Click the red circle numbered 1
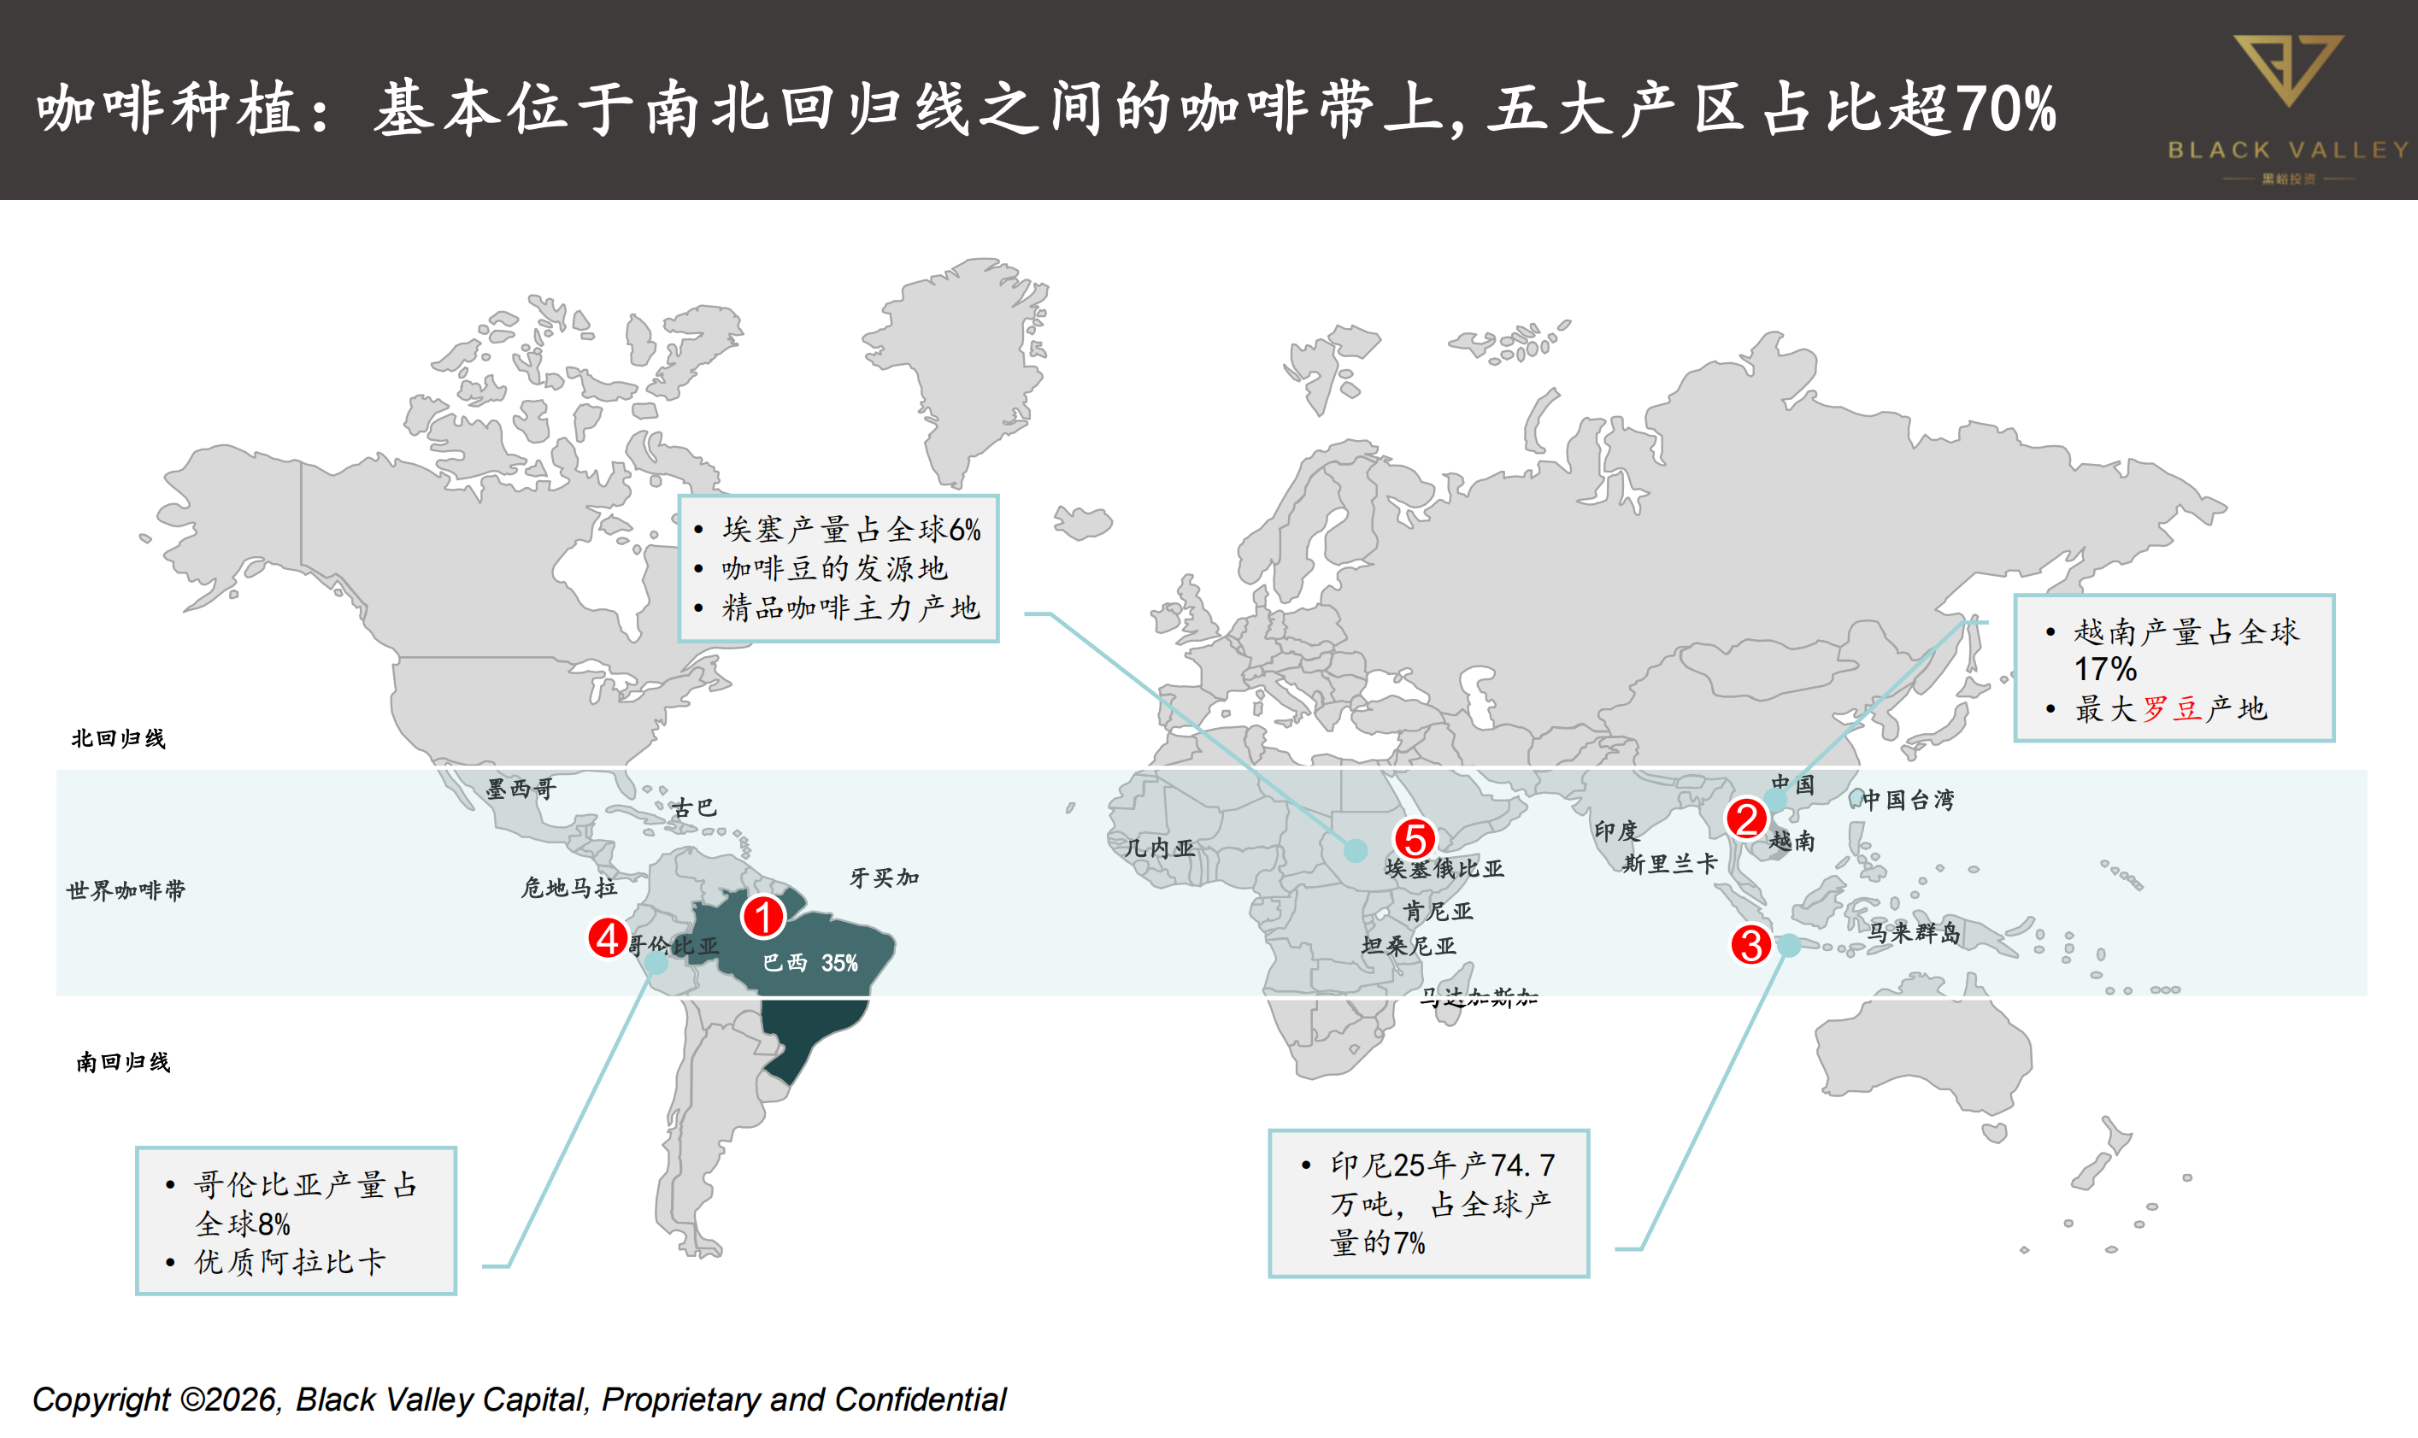point(762,917)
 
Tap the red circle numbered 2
point(1746,819)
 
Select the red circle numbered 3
point(1751,945)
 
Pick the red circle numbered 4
point(608,938)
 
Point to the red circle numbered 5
point(1414,838)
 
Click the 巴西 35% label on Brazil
point(810,962)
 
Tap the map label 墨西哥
point(521,789)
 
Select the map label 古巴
point(694,807)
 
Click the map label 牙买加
point(884,877)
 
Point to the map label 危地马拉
point(569,887)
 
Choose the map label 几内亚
point(1159,848)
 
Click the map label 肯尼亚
point(1438,911)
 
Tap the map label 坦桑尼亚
point(1409,946)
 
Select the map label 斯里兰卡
point(1670,863)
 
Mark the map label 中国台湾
point(1907,800)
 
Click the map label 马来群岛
point(1914,932)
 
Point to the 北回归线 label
point(118,738)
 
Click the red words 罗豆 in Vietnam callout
point(2172,708)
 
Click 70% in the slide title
point(2005,109)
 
